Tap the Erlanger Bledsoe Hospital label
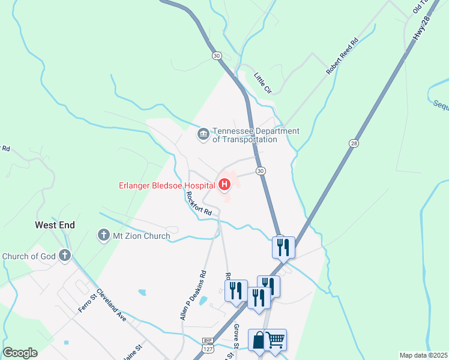167,185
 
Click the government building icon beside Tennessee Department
203,133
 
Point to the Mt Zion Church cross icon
103,235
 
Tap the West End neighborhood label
55,225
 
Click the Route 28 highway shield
353,143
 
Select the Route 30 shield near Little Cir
216,55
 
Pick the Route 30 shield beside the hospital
261,171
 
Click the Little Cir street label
263,83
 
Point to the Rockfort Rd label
199,204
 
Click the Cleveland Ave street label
111,307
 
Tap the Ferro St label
86,302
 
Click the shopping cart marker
276,340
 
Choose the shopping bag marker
258,340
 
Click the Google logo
20,353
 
